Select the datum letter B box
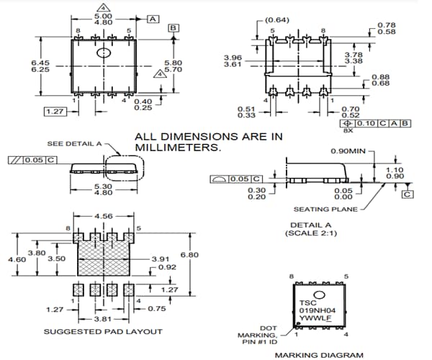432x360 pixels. coord(173,28)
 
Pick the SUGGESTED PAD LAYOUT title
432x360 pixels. coord(103,332)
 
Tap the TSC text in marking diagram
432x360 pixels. coord(307,302)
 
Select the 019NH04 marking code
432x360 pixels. coord(315,310)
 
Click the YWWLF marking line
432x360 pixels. coord(313,319)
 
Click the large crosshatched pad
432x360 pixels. coord(104,254)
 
